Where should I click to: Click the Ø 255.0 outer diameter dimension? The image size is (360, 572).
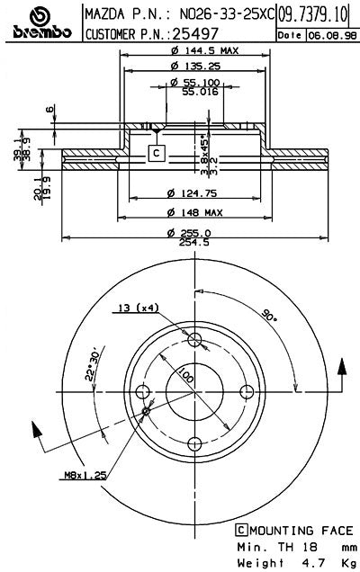pyautogui.click(x=193, y=233)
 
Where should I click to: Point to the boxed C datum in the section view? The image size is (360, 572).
pyautogui.click(x=157, y=153)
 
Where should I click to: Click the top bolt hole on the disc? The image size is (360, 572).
pyautogui.click(x=194, y=338)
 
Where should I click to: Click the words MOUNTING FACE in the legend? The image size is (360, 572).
pyautogui.click(x=293, y=531)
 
